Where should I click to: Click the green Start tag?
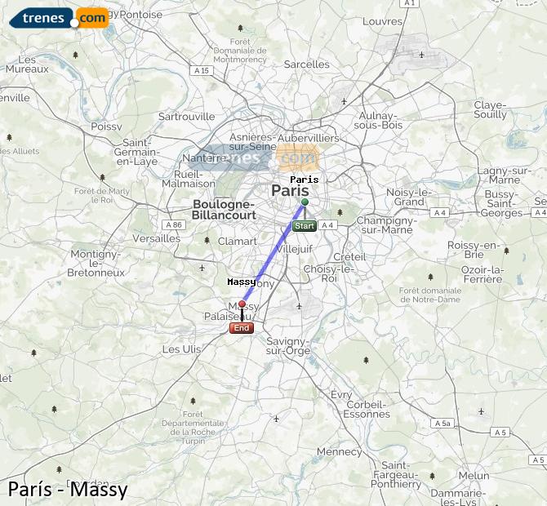pyautogui.click(x=304, y=225)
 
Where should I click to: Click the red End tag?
pyautogui.click(x=242, y=328)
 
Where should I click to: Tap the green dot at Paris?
pyautogui.click(x=305, y=202)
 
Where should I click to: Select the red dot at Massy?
pyautogui.click(x=242, y=304)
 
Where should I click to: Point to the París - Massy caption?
pyautogui.click(x=68, y=490)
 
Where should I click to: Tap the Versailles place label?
pyautogui.click(x=157, y=238)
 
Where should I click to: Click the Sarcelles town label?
pyautogui.click(x=308, y=64)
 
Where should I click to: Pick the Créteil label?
pyautogui.click(x=349, y=257)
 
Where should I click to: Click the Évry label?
pyautogui.click(x=342, y=395)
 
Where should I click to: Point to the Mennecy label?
pyautogui.click(x=339, y=451)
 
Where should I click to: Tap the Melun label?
pyautogui.click(x=474, y=476)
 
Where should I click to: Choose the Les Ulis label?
pyautogui.click(x=181, y=349)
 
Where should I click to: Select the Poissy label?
pyautogui.click(x=106, y=126)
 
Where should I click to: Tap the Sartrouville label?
pyautogui.click(x=187, y=117)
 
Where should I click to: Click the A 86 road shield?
pyautogui.click(x=174, y=224)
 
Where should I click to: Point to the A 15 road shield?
pyautogui.click(x=202, y=71)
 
